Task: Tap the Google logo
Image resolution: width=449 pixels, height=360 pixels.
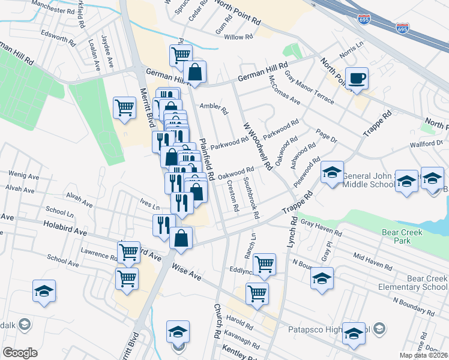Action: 20,353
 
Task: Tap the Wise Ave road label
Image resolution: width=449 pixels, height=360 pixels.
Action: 186,270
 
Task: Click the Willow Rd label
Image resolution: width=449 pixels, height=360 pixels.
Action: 238,37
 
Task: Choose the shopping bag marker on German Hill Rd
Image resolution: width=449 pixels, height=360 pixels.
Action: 195,73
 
